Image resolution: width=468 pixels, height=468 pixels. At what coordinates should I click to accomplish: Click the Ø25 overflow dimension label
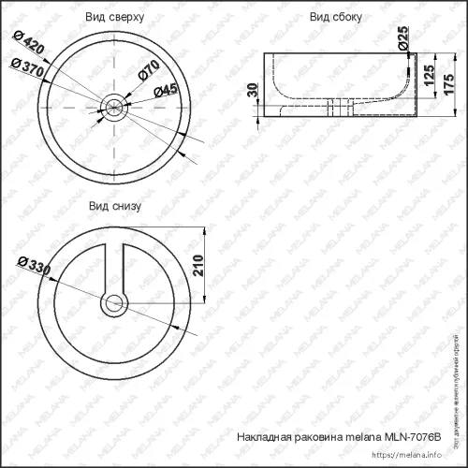403,38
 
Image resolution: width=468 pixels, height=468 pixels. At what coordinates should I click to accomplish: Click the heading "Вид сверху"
115,18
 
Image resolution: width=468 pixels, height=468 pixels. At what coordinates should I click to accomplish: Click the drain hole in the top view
115,107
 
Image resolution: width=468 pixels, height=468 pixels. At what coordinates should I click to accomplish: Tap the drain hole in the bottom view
115,302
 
